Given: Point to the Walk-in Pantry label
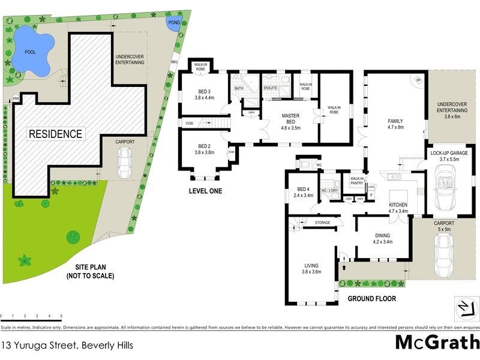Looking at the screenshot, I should [x=357, y=181].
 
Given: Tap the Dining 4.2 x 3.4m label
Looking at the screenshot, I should [x=383, y=239].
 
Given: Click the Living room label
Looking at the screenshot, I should [x=311, y=268].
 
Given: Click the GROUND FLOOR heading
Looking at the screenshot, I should [x=371, y=298].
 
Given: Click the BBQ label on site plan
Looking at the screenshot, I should [x=175, y=62].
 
